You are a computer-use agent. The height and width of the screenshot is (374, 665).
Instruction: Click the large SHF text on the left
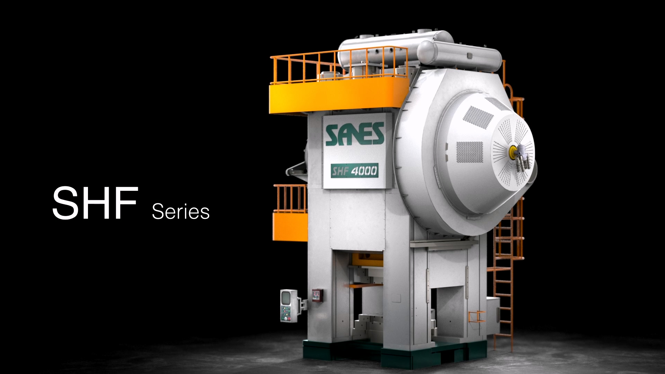point(95,203)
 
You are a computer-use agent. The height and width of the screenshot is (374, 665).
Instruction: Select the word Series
point(180,211)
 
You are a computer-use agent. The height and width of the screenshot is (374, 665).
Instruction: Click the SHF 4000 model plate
point(354,171)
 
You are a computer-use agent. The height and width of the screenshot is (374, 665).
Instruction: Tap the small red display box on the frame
point(317,295)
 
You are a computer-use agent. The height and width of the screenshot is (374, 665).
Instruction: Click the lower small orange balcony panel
point(290,227)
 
